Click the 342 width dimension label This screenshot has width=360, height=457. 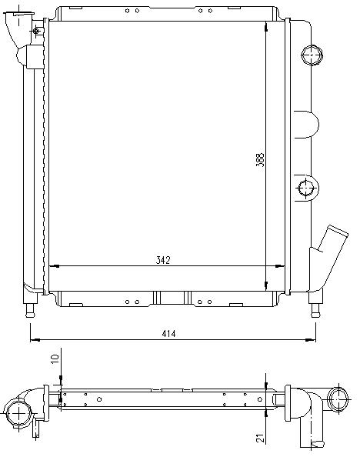163,260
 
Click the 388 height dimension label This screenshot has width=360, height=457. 260,160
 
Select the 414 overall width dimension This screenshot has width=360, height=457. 168,333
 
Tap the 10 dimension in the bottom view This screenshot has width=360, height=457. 55,359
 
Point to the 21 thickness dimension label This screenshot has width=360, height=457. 260,438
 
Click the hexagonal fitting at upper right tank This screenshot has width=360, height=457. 312,55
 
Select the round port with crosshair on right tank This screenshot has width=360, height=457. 307,188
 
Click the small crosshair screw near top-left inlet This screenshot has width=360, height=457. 36,31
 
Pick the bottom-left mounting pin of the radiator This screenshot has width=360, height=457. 30,310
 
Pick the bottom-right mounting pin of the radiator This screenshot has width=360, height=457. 315,310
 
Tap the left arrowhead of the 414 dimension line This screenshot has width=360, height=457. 35,340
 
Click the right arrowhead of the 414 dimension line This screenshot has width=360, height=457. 311,340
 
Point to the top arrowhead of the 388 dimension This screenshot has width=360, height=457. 266,27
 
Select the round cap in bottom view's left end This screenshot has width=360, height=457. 18,414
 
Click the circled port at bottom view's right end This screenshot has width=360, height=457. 338,399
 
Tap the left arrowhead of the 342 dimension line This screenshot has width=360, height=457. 54,266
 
